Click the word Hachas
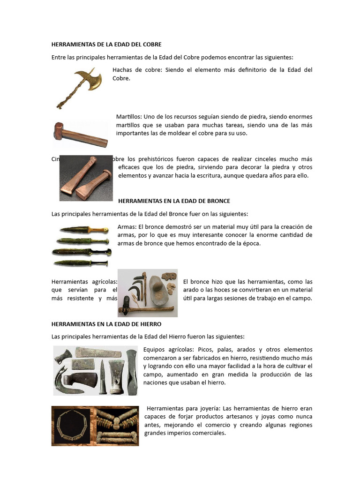123,70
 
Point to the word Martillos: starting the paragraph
129,117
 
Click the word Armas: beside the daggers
127,227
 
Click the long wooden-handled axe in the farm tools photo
145,309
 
